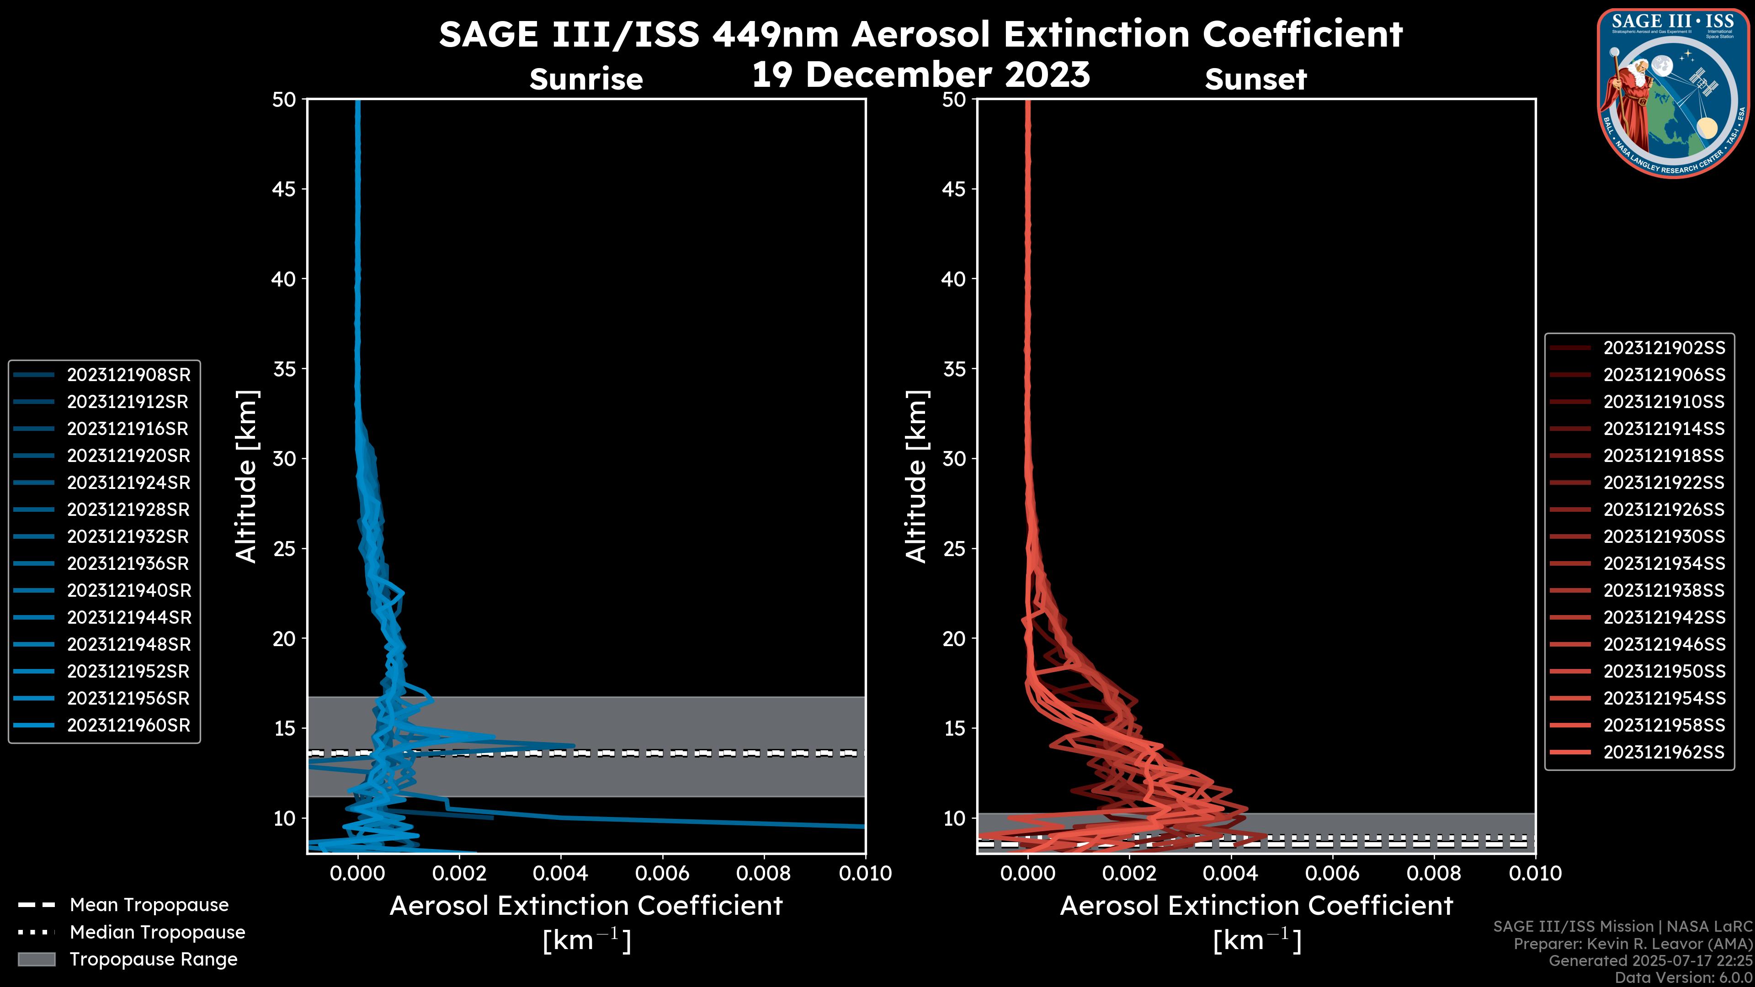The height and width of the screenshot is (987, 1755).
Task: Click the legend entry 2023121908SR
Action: click(x=128, y=375)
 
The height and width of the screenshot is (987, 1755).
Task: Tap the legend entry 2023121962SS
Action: click(x=1664, y=752)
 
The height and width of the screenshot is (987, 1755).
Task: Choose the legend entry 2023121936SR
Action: click(x=128, y=563)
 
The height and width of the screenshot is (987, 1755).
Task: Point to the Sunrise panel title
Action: click(x=586, y=79)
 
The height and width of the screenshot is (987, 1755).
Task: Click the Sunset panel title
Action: click(x=1255, y=79)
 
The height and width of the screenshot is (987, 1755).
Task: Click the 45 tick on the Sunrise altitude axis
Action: click(x=284, y=189)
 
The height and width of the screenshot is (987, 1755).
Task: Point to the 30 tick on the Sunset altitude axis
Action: click(x=954, y=458)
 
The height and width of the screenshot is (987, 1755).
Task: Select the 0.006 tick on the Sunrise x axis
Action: click(x=662, y=873)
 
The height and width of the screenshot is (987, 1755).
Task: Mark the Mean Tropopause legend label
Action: click(x=149, y=905)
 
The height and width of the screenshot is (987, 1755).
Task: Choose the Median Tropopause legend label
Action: click(x=157, y=932)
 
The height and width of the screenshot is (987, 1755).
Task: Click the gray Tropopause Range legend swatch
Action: click(x=37, y=959)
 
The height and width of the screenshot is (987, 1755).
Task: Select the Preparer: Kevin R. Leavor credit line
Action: click(x=1633, y=944)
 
